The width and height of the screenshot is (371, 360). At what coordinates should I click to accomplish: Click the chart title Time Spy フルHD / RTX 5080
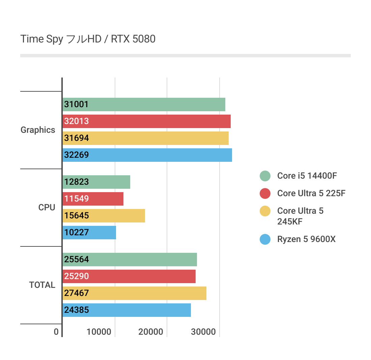pos(88,39)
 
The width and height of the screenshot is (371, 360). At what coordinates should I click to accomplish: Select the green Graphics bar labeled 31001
pos(144,104)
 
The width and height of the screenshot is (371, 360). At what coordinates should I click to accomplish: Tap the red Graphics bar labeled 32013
pos(147,121)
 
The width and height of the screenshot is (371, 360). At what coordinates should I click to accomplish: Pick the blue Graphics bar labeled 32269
pos(147,155)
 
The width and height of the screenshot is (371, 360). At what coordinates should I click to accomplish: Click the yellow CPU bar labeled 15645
pos(104,216)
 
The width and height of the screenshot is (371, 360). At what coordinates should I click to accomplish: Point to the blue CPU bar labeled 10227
pos(89,233)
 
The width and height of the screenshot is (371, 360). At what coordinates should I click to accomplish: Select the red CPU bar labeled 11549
pos(93,199)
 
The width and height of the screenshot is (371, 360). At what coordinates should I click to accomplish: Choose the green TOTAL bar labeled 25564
pos(130,260)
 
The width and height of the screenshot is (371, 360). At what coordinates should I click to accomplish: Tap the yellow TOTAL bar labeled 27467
pos(135,293)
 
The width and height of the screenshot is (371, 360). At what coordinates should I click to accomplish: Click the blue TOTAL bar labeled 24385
pos(127,310)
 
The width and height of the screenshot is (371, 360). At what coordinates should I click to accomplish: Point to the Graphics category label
pos(38,130)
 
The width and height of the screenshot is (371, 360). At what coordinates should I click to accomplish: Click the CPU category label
pos(47,208)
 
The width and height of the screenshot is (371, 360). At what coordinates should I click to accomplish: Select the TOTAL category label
pos(42,285)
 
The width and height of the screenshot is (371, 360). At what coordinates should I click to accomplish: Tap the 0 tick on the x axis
pos(56,332)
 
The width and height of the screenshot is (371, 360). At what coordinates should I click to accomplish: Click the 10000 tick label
pos(99,332)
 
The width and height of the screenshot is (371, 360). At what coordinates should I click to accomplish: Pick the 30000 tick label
pos(203,332)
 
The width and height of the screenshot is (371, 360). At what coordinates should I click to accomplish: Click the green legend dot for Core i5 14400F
pos(265,176)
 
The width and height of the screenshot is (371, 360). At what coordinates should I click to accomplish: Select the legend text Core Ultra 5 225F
pos(311,193)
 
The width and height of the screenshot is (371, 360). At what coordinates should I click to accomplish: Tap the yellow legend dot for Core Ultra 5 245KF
pos(265,211)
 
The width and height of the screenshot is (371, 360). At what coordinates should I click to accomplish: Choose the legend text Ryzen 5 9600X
pos(306,239)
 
